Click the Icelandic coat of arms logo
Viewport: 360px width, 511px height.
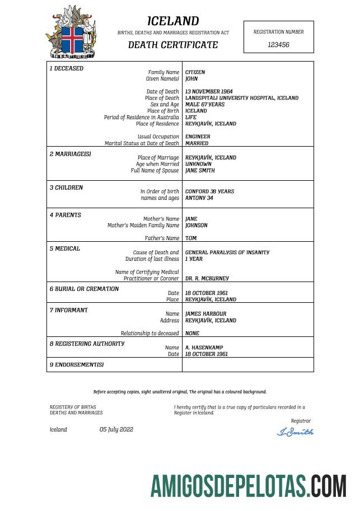[71, 32]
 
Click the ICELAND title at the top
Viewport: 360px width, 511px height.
[173, 21]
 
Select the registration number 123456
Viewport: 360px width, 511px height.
[278, 45]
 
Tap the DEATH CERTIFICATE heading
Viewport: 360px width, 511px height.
[173, 45]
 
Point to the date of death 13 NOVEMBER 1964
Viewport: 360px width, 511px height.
[209, 91]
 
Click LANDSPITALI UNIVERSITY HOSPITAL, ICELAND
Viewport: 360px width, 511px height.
[241, 98]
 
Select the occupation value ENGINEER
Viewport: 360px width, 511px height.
[198, 137]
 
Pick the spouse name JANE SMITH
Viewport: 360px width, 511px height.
[200, 171]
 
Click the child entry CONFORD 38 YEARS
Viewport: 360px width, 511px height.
[209, 191]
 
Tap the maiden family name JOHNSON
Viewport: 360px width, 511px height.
[197, 226]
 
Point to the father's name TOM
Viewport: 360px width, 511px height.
[191, 238]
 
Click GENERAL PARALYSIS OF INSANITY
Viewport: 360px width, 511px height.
[227, 252]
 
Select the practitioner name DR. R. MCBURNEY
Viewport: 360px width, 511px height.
[207, 278]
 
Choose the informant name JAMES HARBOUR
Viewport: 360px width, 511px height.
[205, 314]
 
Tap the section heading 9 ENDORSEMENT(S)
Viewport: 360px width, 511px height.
[77, 365]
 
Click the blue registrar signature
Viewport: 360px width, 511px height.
[295, 432]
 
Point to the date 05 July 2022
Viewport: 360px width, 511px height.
[116, 430]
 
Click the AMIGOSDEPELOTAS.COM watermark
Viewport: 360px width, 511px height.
[249, 486]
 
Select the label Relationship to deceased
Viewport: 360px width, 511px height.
[149, 334]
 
